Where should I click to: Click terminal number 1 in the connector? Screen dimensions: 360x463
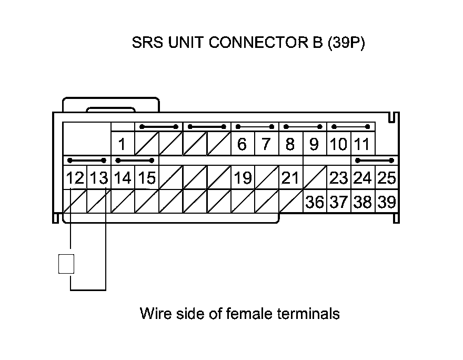pos(122,144)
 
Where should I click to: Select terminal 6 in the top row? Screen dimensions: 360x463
pos(242,144)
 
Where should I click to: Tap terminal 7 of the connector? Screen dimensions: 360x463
pos(266,144)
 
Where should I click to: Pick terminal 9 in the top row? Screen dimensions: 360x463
pos(314,144)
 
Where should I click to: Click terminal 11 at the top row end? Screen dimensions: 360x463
pos(362,144)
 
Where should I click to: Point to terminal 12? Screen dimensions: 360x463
pos(75,178)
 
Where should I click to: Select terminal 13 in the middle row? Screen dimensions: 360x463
pos(98,178)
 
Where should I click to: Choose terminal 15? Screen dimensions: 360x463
pos(146,178)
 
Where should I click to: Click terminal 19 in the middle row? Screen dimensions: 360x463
pos(242,178)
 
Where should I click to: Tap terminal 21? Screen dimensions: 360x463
pos(290,178)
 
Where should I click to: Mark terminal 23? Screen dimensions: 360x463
pos(338,178)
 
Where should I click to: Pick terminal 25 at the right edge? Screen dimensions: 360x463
pos(387,178)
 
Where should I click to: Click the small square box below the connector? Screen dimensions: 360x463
pos(66,264)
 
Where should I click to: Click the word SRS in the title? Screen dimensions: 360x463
pos(148,43)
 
